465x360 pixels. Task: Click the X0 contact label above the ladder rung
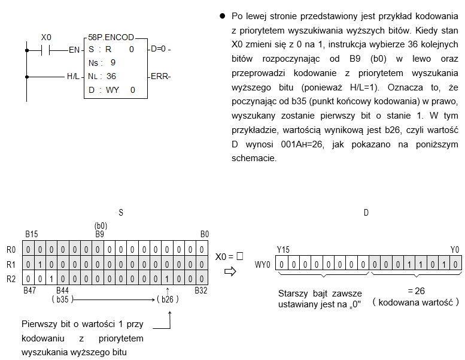click(x=46, y=37)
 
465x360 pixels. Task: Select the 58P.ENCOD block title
click(x=111, y=37)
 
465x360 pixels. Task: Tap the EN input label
click(x=74, y=50)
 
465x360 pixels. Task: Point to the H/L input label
click(x=73, y=77)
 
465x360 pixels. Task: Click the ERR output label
click(x=160, y=77)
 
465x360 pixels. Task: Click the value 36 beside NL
click(x=111, y=76)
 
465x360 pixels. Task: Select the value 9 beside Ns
click(x=113, y=63)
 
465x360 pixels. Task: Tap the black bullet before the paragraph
click(x=223, y=16)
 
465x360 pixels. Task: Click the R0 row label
click(x=11, y=250)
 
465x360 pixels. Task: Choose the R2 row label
click(x=11, y=279)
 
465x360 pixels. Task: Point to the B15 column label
click(x=32, y=234)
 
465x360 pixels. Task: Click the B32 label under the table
click(x=200, y=291)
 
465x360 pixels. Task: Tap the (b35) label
click(x=62, y=299)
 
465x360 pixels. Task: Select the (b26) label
click(x=168, y=299)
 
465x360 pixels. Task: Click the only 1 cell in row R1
click(x=39, y=264)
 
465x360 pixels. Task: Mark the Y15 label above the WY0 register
click(x=283, y=250)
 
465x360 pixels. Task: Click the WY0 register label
click(x=263, y=264)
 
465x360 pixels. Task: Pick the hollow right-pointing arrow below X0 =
click(x=230, y=271)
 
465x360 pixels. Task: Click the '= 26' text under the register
click(x=417, y=291)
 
